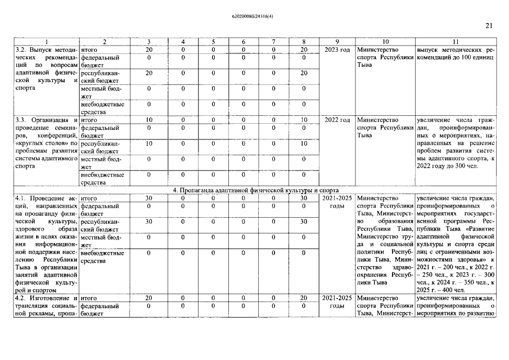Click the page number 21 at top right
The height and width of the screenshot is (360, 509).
pos(488,25)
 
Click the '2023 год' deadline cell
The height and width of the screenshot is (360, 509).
pos(337,50)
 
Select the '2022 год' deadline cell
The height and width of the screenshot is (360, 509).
pos(337,120)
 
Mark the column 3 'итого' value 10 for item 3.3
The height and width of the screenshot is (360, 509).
pos(148,120)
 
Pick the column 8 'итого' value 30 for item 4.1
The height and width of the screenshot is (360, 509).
pos(303,198)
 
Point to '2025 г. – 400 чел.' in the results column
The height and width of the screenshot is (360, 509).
pos(444,290)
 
